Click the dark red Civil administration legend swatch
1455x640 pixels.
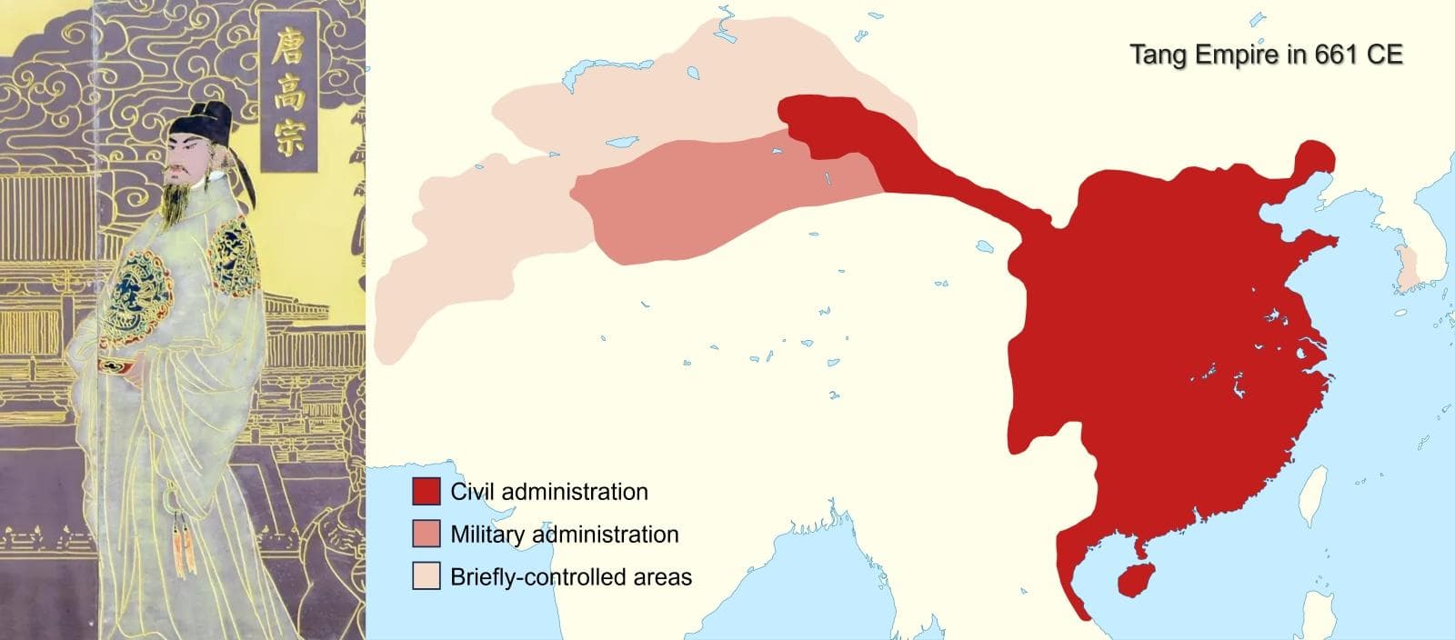[x=426, y=492]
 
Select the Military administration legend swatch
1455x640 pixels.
[x=426, y=535]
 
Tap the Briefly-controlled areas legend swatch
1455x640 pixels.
[x=426, y=576]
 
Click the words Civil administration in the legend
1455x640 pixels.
[x=549, y=492]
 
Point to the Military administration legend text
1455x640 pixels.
[x=565, y=535]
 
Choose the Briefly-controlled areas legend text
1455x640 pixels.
[x=571, y=576]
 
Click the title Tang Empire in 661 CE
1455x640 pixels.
[x=1266, y=55]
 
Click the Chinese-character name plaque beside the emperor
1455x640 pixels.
[x=288, y=91]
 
